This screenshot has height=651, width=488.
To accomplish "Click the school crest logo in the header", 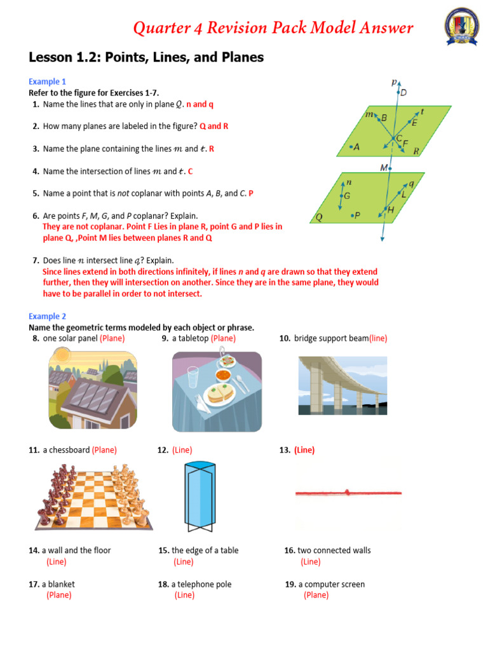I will [462, 28].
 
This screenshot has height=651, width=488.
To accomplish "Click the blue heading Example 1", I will [47, 81].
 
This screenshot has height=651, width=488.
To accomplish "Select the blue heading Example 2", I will [47, 316].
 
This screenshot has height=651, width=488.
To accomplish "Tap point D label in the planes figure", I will [403, 93].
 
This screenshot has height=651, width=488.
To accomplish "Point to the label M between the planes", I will [384, 168].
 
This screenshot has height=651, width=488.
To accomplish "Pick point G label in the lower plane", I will [346, 196].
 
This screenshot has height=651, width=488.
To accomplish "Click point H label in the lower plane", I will [390, 210].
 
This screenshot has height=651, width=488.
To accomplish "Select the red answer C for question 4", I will [190, 171].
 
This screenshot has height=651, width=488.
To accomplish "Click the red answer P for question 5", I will [251, 193].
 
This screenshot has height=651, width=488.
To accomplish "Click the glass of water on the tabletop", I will [193, 376].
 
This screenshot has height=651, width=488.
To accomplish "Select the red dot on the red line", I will [347, 492].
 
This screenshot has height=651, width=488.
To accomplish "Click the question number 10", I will [285, 338].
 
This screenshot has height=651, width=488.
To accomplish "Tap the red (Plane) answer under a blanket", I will [58, 595].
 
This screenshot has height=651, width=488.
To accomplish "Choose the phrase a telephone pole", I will [201, 584].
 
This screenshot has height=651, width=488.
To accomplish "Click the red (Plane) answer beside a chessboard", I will [104, 450].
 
